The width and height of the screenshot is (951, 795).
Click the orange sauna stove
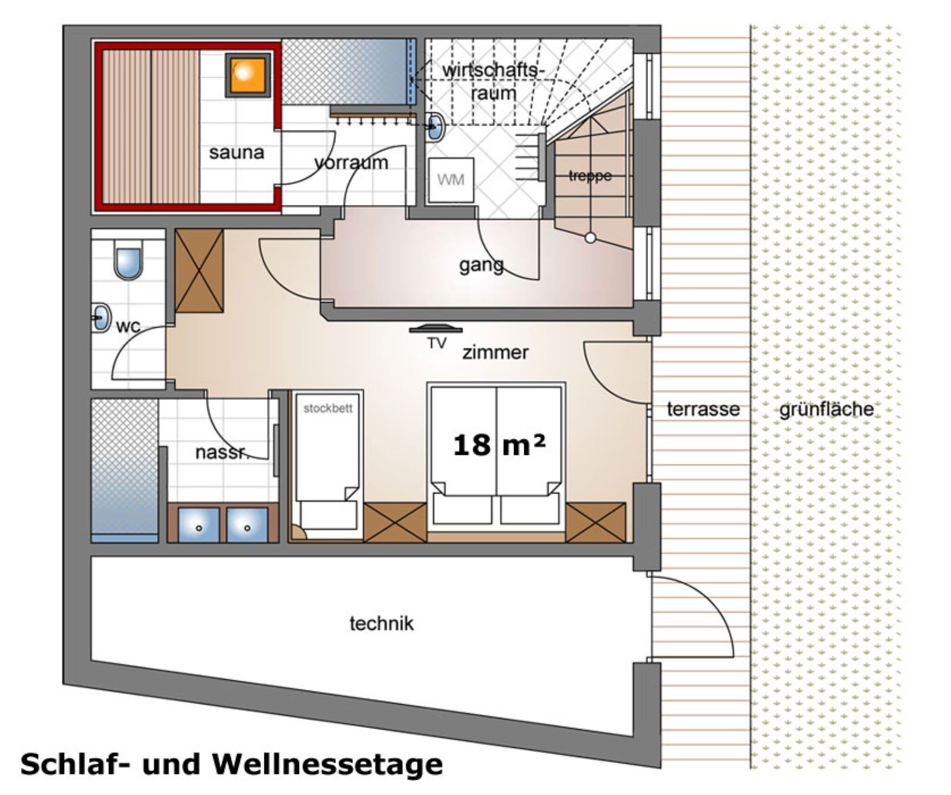point(245,74)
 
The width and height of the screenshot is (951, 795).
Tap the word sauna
point(236,153)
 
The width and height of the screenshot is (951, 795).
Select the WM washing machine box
point(451,180)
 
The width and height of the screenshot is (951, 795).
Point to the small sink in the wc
point(102,318)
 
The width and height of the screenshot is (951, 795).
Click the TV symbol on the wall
point(436,329)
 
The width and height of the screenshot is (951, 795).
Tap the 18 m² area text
point(498,444)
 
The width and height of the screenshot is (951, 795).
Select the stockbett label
point(328,409)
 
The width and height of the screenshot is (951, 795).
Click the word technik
point(381,624)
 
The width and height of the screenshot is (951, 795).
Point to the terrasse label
point(703,409)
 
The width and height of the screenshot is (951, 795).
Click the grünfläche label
point(826,409)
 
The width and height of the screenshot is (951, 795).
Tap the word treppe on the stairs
point(590,176)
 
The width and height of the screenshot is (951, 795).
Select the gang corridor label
point(481,265)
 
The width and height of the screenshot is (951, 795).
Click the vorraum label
point(351,162)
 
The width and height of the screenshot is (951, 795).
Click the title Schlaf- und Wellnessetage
point(231,764)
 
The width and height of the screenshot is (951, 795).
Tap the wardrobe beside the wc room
point(199,271)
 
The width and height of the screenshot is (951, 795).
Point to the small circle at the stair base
point(590,238)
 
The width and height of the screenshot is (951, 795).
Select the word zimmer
point(495,353)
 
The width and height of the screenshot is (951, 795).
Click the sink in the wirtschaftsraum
point(437,126)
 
